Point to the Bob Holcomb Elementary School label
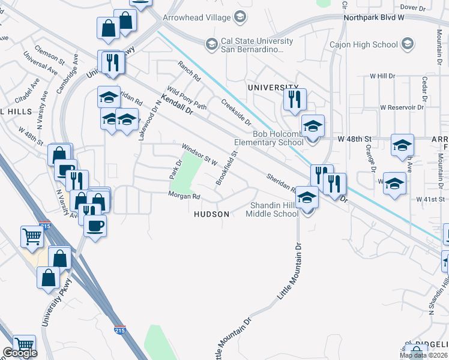pyautogui.click(x=278, y=138)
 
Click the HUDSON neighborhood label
pyautogui.click(x=211, y=214)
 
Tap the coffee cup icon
pyautogui.click(x=95, y=226)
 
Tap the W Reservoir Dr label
pyautogui.click(x=402, y=107)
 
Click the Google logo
pyautogui.click(x=20, y=353)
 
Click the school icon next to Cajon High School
pyautogui.click(x=408, y=44)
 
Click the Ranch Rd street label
pyautogui.click(x=189, y=71)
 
